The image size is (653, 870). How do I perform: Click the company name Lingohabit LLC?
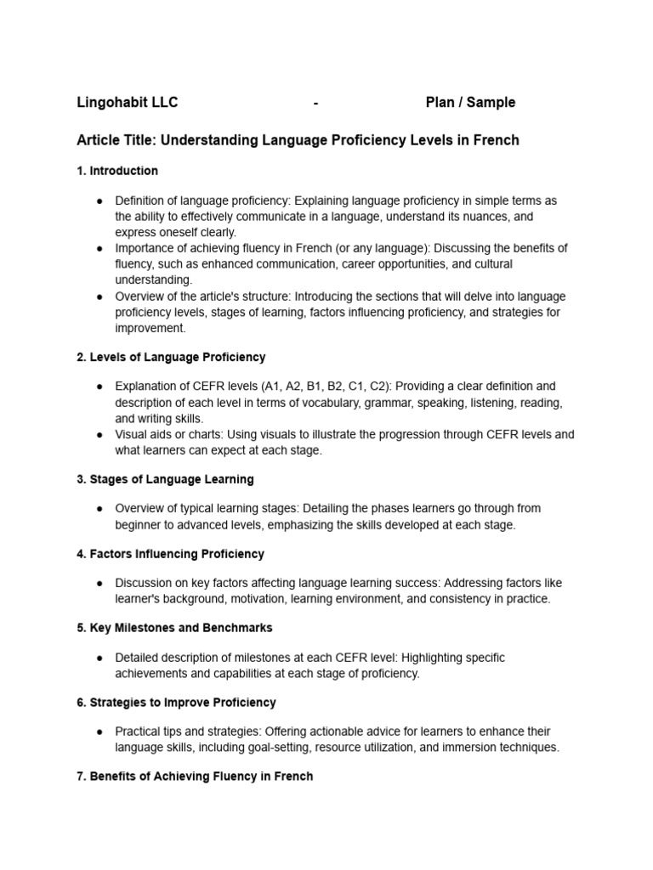coord(128,103)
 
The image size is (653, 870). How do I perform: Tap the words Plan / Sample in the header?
coord(470,103)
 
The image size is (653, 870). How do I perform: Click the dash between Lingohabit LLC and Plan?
coord(316,103)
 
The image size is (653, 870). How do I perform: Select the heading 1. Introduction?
coord(117,171)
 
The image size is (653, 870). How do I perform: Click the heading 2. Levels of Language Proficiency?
coord(171,357)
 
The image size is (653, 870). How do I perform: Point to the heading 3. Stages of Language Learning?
coord(165,479)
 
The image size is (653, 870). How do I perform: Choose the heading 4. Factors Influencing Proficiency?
coord(170,554)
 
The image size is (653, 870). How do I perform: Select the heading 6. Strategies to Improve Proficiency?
coord(176,703)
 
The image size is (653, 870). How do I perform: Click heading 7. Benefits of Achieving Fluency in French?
coord(195,777)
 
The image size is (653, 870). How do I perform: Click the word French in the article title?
coord(495,139)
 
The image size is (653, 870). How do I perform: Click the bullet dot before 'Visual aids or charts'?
coord(100,435)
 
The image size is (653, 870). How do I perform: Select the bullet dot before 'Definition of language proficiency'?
coord(100,201)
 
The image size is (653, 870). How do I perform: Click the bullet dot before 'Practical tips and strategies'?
coord(100,732)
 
